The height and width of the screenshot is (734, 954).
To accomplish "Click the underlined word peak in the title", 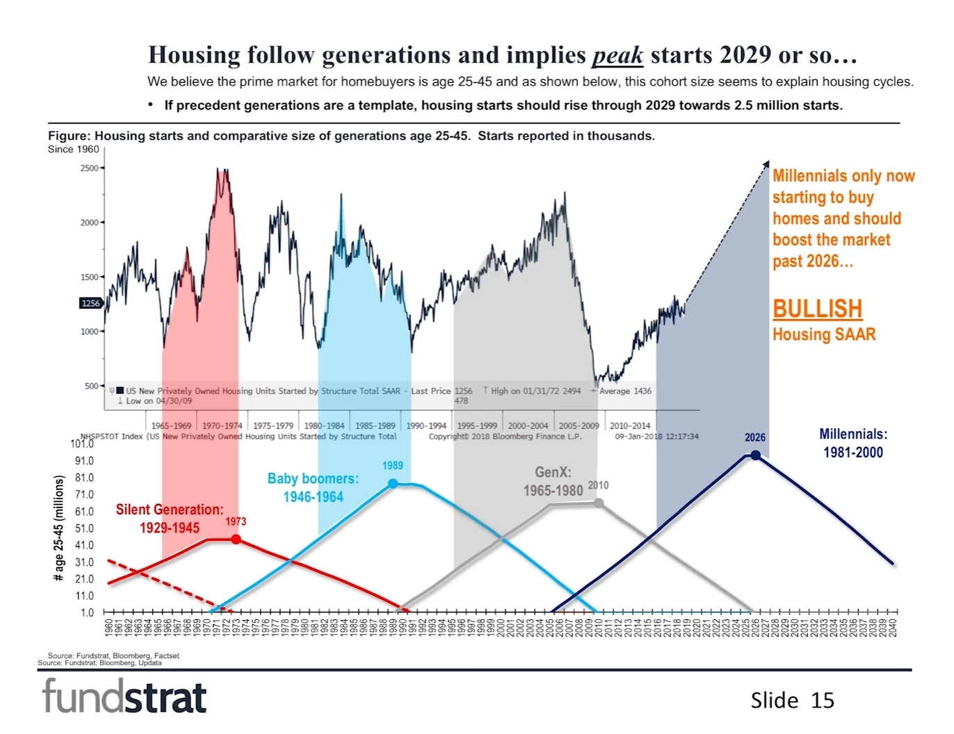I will [617, 55].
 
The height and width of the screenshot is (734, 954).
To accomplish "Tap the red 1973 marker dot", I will [236, 539].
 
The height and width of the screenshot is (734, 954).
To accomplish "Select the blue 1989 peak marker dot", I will [393, 484].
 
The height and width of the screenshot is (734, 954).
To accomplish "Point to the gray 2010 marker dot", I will [599, 503].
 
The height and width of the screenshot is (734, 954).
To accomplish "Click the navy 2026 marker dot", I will [755, 455].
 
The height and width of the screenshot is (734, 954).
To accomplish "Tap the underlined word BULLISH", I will [817, 309].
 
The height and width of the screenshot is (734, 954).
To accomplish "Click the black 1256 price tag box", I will [90, 303].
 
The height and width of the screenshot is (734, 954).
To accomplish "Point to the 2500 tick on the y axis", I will [90, 168].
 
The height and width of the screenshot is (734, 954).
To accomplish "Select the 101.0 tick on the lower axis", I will [82, 443].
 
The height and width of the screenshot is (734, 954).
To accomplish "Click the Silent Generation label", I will [170, 519].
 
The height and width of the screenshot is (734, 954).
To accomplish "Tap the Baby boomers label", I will [313, 487].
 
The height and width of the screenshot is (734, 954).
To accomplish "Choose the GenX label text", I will [553, 481].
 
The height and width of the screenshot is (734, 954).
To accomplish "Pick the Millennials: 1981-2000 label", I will [853, 443].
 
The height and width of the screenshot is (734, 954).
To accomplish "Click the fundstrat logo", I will [124, 696].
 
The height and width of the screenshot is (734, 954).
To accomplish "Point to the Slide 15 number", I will [792, 700].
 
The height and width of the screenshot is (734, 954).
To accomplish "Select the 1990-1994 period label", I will [426, 425].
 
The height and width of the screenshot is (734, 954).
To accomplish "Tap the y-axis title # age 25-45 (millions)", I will [59, 528].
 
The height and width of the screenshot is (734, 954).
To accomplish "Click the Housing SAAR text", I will [824, 334].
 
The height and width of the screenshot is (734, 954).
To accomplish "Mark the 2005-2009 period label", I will [579, 425].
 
